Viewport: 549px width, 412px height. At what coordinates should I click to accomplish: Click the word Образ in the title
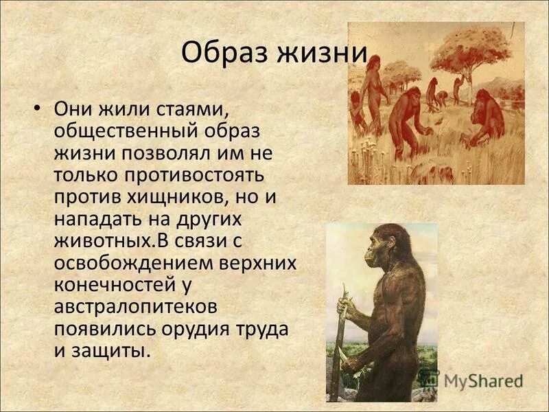click(220, 54)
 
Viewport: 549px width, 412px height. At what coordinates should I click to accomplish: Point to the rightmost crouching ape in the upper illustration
click(488, 117)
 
